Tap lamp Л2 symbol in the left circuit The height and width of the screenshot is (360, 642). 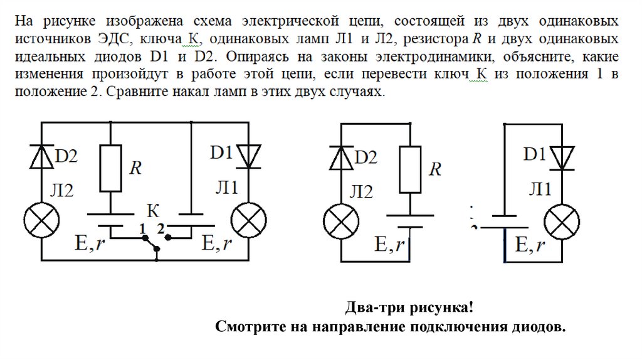click(x=42, y=221)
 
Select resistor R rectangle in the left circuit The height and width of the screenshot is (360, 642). click(x=110, y=168)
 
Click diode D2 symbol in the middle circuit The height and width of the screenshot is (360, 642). click(x=340, y=158)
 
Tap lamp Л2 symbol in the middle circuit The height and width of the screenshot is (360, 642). click(x=340, y=222)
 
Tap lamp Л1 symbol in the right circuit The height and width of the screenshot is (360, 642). click(x=562, y=222)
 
